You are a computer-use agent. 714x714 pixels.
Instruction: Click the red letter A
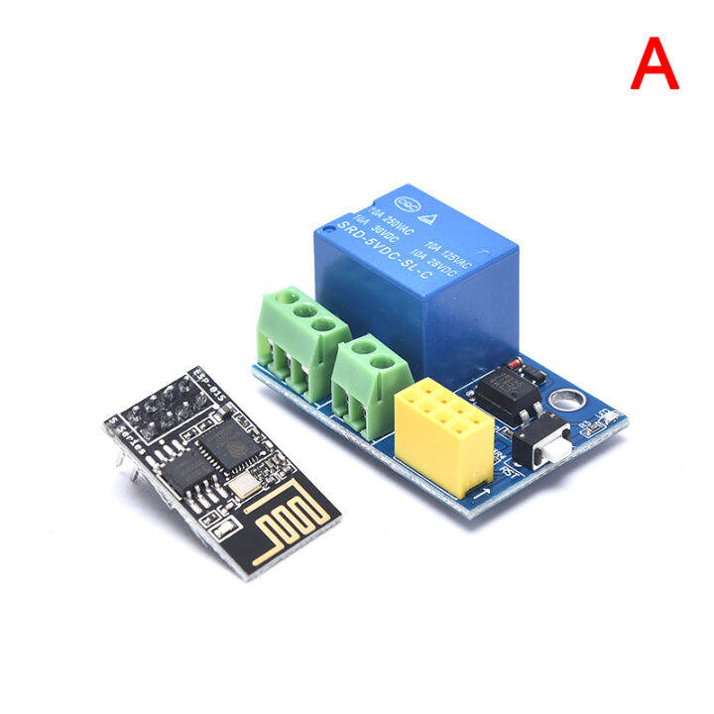(655, 65)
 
